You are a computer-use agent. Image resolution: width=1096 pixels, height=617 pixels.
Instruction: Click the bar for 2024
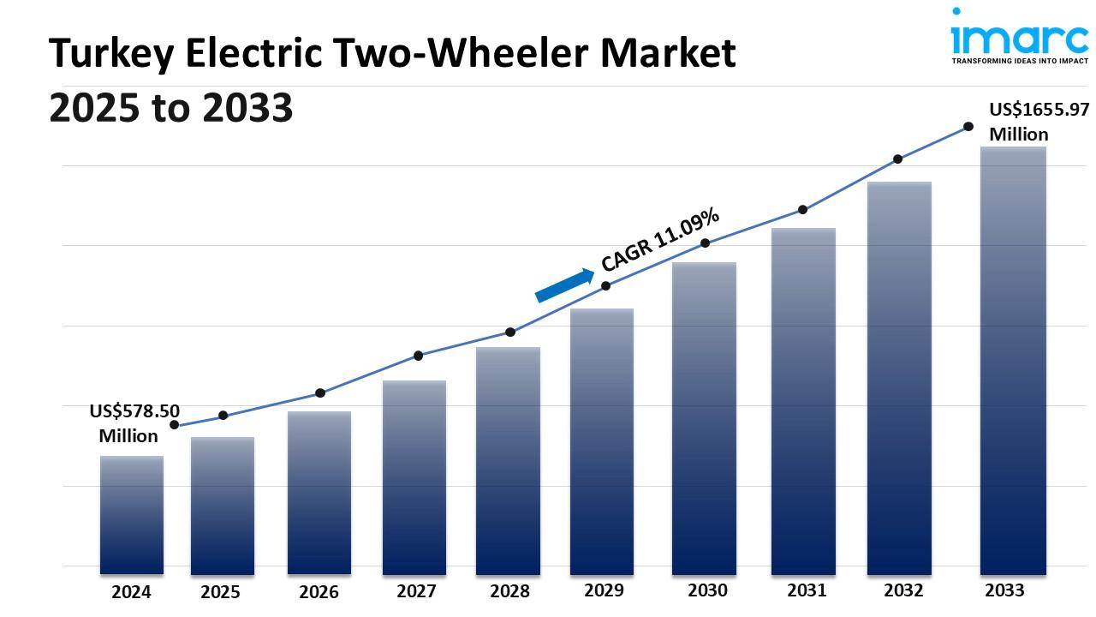point(132,514)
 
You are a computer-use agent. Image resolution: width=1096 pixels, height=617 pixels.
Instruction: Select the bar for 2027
point(414,476)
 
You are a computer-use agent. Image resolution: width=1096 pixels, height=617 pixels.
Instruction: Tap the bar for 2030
point(705,417)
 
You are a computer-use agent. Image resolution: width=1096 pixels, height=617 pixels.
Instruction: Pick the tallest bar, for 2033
point(1013,360)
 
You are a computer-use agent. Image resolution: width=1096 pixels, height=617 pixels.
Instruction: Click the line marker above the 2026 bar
point(320,392)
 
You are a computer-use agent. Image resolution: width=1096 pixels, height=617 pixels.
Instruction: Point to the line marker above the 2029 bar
point(605,285)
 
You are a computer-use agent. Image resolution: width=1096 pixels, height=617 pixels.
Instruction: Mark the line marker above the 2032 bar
point(897,159)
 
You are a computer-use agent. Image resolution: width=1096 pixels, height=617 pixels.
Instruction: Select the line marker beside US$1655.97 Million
point(968,126)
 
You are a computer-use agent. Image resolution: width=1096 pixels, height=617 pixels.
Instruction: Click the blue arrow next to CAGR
point(564,285)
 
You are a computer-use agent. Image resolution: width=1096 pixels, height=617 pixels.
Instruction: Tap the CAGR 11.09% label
point(660,241)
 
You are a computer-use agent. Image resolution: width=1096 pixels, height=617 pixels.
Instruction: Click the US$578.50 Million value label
point(134,423)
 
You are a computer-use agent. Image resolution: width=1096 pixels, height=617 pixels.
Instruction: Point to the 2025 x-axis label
point(220,591)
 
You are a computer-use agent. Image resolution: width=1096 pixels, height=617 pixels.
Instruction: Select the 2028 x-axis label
point(509,591)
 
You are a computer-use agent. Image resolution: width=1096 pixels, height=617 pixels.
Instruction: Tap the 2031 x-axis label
point(807,590)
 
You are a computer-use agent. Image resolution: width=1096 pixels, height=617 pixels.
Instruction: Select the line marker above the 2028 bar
point(510,332)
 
